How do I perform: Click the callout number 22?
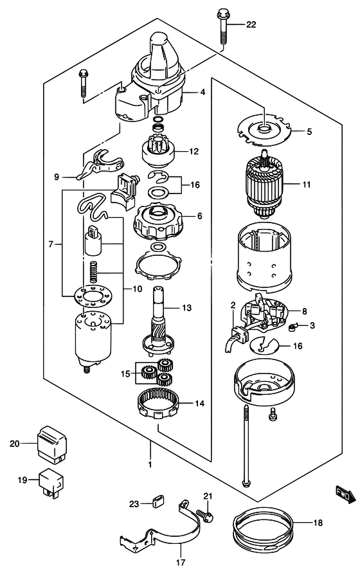click(251, 24)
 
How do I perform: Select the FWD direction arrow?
click(345, 495)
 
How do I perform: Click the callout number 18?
click(318, 523)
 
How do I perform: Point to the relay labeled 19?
click(51, 482)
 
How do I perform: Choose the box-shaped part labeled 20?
click(52, 444)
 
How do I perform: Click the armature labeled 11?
click(265, 185)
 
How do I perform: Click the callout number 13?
click(187, 308)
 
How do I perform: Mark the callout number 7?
click(51, 244)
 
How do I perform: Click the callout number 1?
click(150, 464)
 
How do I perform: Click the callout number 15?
click(125, 374)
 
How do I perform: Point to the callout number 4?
click(203, 92)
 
